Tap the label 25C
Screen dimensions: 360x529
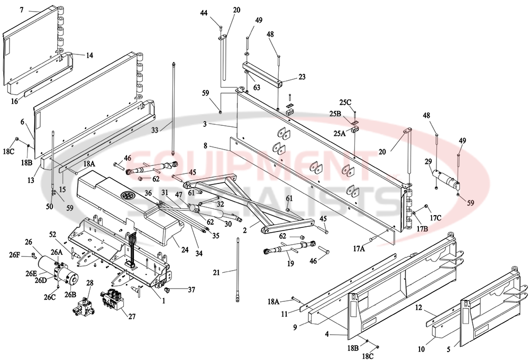click(x=345, y=101)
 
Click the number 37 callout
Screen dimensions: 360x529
click(x=190, y=289)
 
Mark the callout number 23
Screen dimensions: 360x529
click(x=302, y=77)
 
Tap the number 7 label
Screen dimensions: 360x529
click(x=22, y=10)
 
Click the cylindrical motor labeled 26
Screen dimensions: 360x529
click(x=61, y=269)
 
